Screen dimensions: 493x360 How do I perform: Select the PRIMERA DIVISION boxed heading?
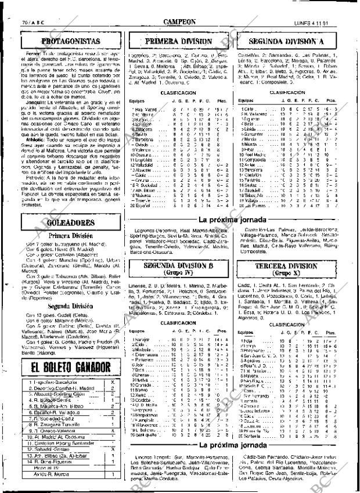click(178, 42)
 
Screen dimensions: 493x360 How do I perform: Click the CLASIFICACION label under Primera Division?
click(178, 92)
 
